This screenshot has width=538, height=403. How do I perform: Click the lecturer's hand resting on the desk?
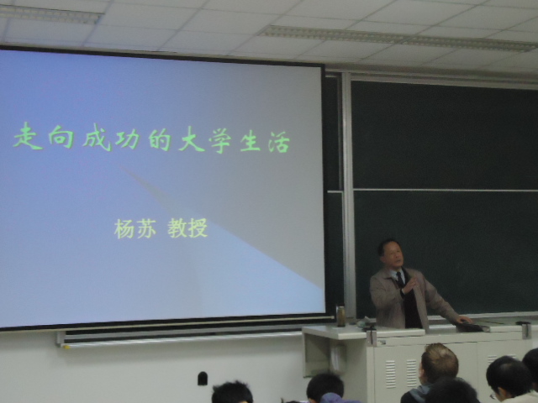[462, 320]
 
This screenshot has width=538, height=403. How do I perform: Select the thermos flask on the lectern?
[340, 316]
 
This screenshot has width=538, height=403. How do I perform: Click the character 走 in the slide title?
[28, 139]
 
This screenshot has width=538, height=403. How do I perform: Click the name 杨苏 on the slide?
[135, 228]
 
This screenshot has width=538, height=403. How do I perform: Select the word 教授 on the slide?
[187, 228]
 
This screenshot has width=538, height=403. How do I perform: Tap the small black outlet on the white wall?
[202, 379]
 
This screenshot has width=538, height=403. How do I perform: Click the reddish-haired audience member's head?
[440, 362]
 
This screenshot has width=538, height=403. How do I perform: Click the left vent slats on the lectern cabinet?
[391, 373]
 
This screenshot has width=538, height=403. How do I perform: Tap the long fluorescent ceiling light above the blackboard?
[395, 38]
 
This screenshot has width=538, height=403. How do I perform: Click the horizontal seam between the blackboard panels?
[446, 189]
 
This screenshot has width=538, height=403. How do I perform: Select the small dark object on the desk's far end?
[523, 327]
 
